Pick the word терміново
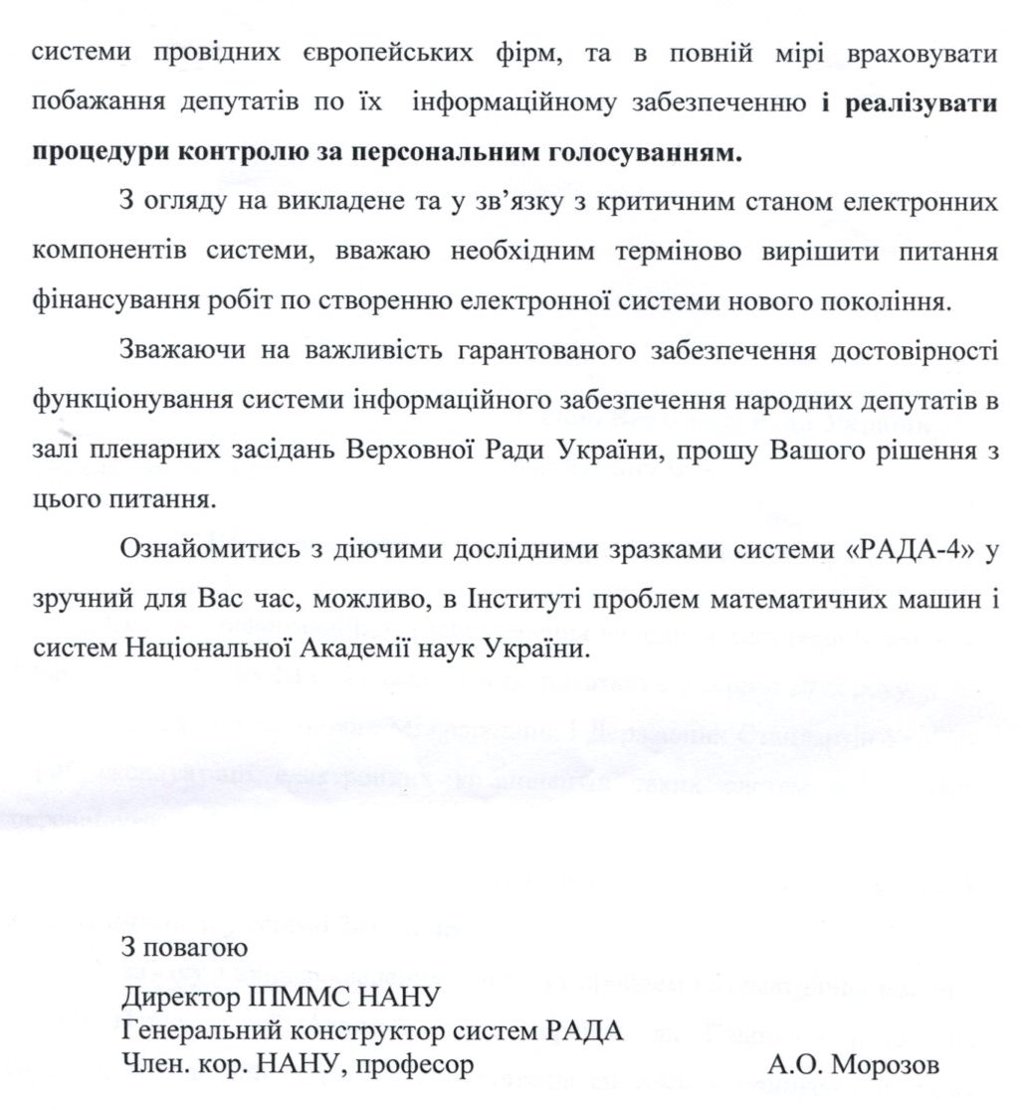click(x=670, y=253)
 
